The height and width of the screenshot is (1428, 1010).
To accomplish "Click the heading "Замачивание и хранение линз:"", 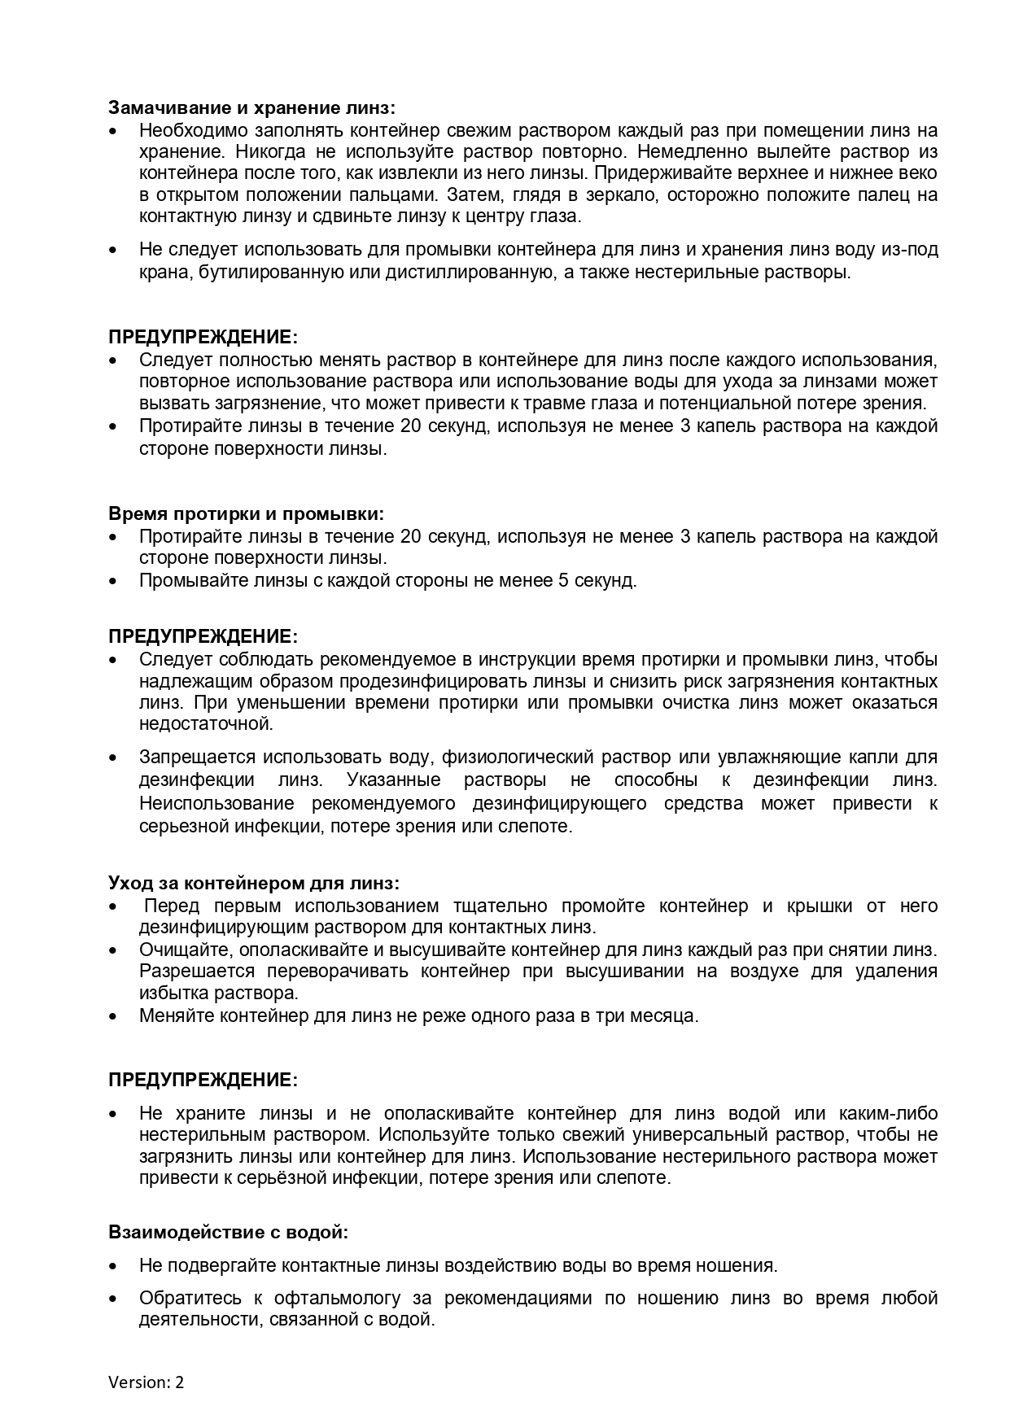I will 252,107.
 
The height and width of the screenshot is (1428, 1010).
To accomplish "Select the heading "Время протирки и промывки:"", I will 247,513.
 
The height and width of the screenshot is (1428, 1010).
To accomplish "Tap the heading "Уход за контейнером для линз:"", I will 254,883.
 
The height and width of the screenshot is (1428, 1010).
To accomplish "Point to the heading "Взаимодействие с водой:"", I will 229,1232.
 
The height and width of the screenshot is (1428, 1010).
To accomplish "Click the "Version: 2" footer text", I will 146,1382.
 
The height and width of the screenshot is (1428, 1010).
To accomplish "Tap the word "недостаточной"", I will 206,723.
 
